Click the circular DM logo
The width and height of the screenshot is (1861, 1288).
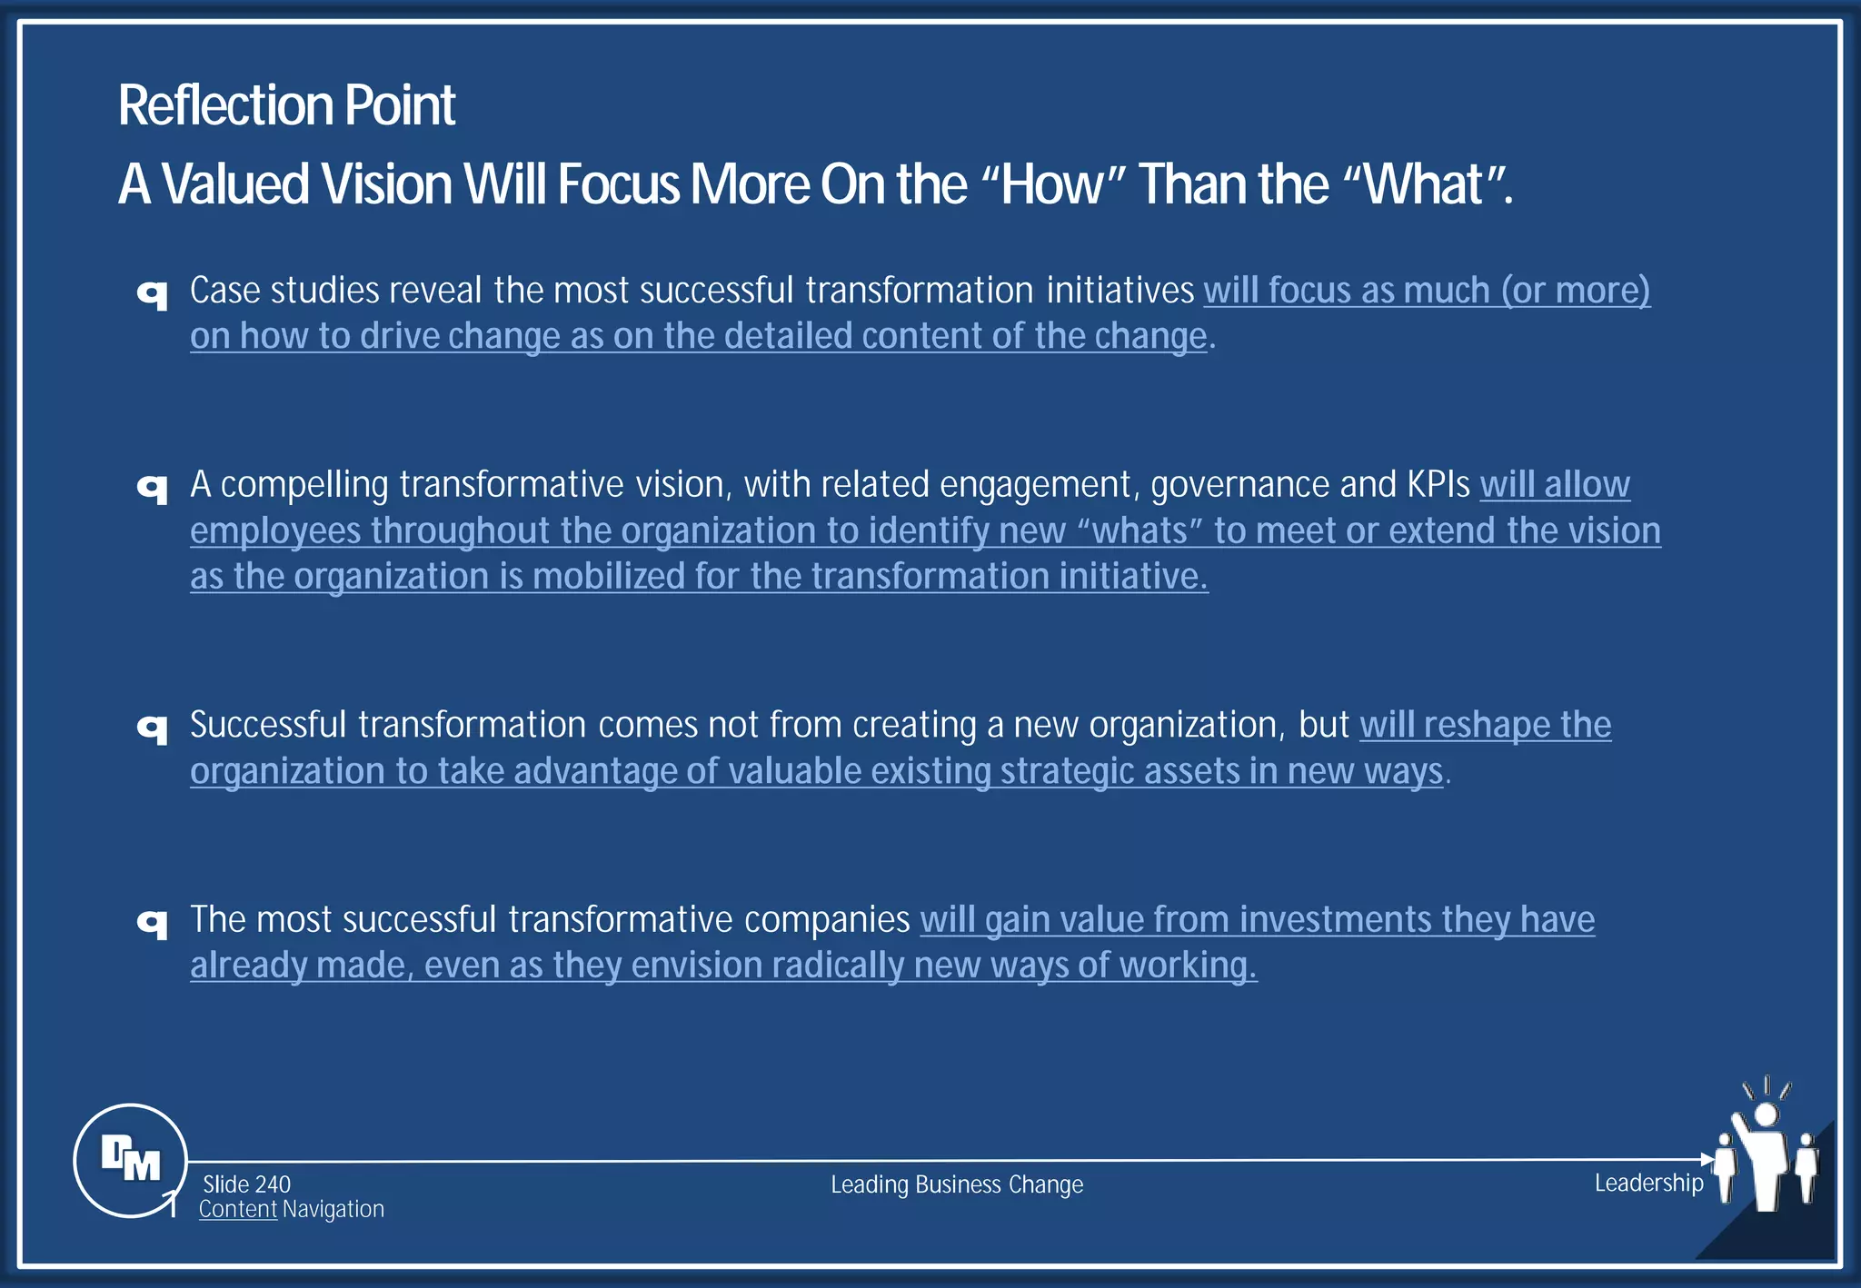point(131,1160)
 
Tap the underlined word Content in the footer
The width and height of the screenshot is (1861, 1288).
point(238,1210)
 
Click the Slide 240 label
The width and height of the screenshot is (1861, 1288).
point(246,1184)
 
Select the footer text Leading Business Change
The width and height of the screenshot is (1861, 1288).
point(957,1184)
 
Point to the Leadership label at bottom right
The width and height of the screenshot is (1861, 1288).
point(1648,1183)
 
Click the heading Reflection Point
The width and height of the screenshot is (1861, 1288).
point(286,105)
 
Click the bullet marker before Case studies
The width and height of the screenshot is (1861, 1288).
point(153,293)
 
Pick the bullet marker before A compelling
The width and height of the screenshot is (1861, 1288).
point(153,488)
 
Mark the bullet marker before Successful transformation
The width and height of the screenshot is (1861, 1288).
point(153,728)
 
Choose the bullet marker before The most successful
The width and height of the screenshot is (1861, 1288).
point(153,923)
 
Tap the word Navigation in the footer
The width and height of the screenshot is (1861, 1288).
point(333,1210)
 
